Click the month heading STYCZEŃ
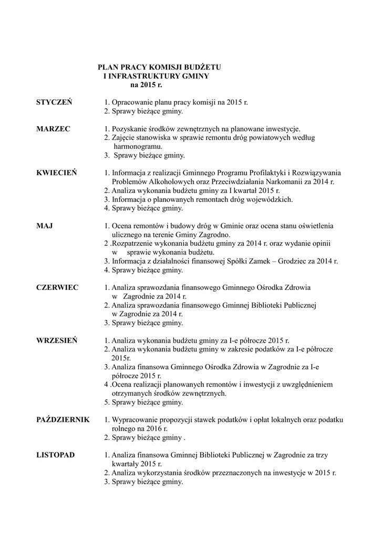[54, 102]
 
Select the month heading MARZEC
[53, 129]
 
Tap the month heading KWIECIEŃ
[57, 173]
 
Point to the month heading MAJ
[44, 226]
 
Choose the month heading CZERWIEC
[57, 287]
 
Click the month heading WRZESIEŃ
[57, 340]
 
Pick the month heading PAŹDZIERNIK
[63, 420]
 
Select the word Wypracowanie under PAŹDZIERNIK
[138, 420]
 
